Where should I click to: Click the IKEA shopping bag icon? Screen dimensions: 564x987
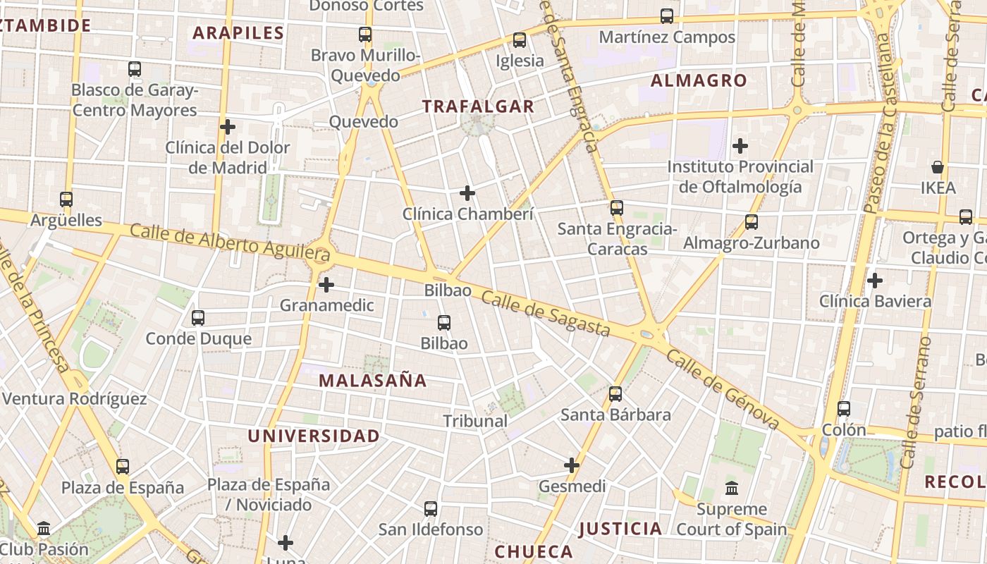click(x=938, y=167)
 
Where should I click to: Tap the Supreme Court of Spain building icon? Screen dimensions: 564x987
click(x=732, y=488)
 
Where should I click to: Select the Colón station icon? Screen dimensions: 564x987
click(x=844, y=409)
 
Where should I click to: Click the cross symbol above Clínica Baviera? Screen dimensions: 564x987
click(x=875, y=281)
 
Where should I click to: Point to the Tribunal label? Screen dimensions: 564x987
click(x=475, y=421)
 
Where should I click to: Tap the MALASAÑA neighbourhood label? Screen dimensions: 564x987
click(x=373, y=381)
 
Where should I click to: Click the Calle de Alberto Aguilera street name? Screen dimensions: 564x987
click(x=221, y=240)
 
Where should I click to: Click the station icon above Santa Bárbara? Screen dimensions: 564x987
click(x=615, y=394)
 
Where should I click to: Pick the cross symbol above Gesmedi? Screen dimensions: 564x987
click(x=572, y=465)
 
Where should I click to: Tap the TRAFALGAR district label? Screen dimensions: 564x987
click(x=478, y=106)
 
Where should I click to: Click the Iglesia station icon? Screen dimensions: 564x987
click(x=520, y=40)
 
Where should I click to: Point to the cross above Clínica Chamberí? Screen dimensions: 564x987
click(x=467, y=193)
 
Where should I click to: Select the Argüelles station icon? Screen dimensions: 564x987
click(x=66, y=200)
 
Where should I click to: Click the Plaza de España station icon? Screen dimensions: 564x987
click(x=123, y=467)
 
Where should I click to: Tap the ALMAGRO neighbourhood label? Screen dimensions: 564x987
click(x=699, y=80)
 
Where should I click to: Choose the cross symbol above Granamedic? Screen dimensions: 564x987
click(x=326, y=286)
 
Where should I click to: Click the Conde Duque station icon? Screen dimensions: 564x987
click(x=198, y=318)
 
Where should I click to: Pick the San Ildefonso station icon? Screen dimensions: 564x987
click(x=431, y=509)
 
